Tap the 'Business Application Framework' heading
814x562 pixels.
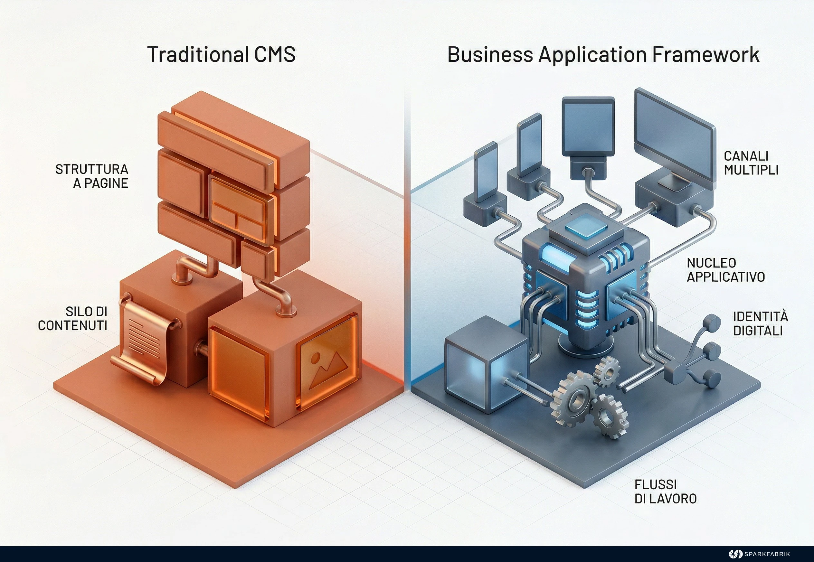point(603,55)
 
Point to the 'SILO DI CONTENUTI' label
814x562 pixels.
point(72,318)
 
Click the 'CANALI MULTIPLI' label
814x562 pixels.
point(751,163)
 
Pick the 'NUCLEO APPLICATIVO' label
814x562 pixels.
point(725,270)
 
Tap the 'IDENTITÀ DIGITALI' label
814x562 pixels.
point(761,323)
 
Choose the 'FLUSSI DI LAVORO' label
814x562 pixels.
point(665,492)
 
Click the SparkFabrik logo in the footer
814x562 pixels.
point(759,554)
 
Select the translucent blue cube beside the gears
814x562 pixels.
point(487,364)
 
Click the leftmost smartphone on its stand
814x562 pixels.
point(486,172)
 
